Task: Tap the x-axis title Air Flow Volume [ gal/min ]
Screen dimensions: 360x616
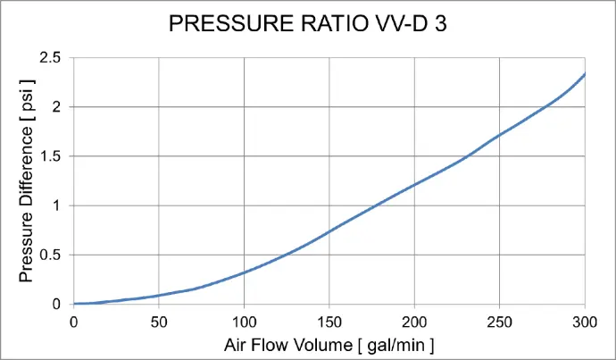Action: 329,344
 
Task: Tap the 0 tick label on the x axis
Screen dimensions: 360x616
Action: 73,321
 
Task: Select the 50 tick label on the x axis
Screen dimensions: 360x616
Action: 158,321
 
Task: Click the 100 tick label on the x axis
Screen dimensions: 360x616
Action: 244,321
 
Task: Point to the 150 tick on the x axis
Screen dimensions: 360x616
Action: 329,321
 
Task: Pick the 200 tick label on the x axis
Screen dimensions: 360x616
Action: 414,321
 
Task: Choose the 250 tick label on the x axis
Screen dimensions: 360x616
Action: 499,321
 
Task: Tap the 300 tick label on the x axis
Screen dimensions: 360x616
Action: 584,321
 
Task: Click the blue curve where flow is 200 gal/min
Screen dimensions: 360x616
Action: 414,185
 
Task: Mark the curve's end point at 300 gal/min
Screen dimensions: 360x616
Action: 585,74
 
